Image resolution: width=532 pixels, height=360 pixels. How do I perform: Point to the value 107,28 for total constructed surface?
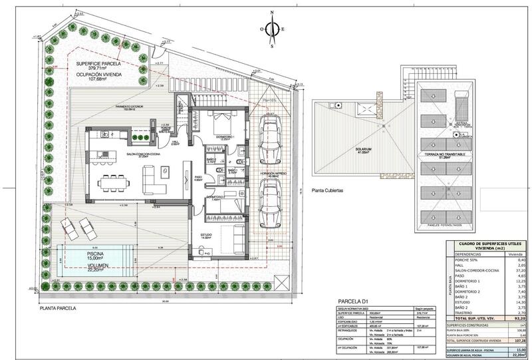pyautogui.click(x=511, y=341)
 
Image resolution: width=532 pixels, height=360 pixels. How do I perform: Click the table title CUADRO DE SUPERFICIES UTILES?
pyautogui.click(x=488, y=244)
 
